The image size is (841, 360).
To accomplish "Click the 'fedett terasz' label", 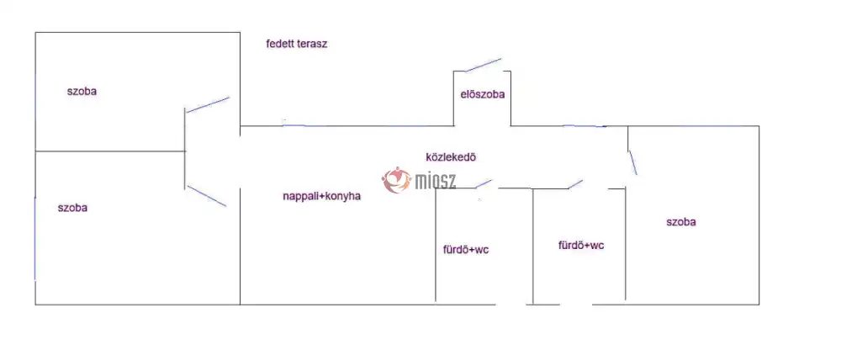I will [x=296, y=45].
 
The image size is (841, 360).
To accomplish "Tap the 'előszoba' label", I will [x=482, y=94].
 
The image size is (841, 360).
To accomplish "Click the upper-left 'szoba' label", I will [x=82, y=92].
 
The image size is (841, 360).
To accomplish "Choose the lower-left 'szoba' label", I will [x=72, y=208].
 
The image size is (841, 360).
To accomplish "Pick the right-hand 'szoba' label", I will [x=680, y=223].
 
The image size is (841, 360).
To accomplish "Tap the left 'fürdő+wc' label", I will [x=465, y=250].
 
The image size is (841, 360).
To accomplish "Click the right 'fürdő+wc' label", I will [x=580, y=246].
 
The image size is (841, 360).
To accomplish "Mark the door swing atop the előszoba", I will [x=477, y=66].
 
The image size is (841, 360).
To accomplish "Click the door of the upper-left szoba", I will [x=208, y=104].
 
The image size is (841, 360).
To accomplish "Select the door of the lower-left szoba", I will [x=207, y=196].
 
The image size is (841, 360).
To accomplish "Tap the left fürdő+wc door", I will [x=483, y=183].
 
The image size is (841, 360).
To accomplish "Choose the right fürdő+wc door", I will [x=575, y=183].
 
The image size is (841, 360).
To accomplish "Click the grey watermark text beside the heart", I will [x=436, y=179].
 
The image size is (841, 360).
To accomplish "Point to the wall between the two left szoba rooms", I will [x=109, y=151].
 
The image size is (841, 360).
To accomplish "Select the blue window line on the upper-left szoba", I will [x=35, y=93].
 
